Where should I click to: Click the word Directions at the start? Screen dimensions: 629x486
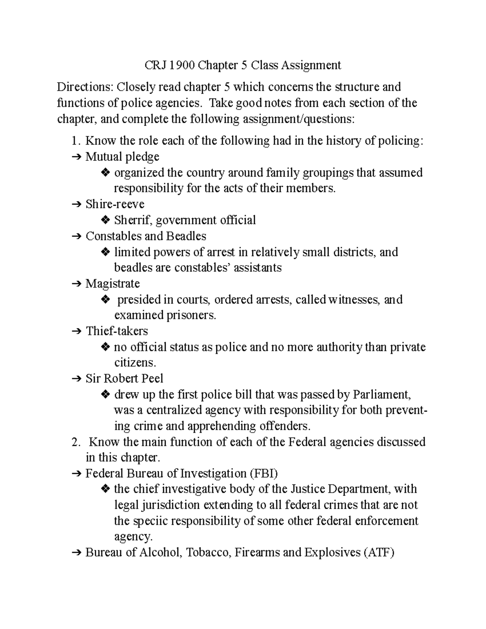tap(84, 87)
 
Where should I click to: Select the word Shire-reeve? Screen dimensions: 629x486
tap(115, 204)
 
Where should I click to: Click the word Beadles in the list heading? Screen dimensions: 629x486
tap(187, 236)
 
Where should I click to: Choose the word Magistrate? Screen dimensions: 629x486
tap(113, 284)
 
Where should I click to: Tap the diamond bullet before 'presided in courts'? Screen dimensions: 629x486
tap(105, 300)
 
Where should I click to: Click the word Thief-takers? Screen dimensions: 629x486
tap(117, 331)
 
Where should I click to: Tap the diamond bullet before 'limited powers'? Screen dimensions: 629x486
tap(105, 252)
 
